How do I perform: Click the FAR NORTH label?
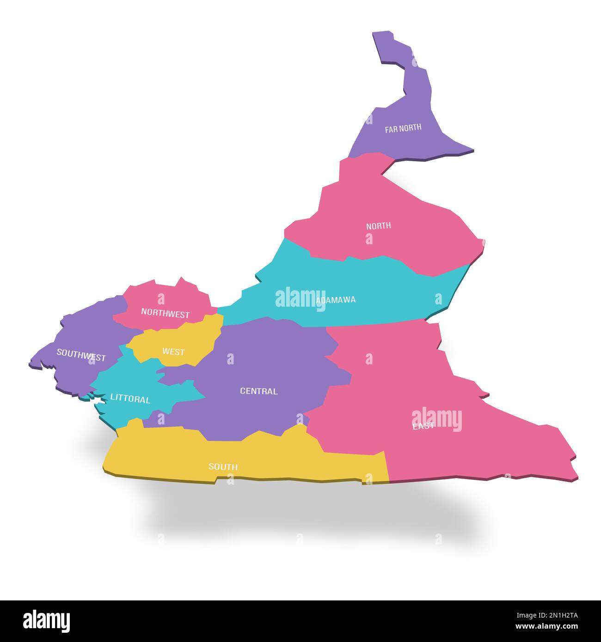tap(403, 128)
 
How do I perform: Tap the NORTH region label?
tap(378, 226)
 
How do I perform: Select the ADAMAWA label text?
tap(336, 300)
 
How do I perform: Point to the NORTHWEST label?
tap(165, 314)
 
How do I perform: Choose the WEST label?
tap(173, 351)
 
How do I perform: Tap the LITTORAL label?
tap(130, 399)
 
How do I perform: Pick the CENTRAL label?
tap(258, 391)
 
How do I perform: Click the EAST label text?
tap(423, 426)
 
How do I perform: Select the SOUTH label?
tap(223, 466)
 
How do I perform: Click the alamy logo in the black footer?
tap(46, 620)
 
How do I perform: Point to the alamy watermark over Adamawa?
tap(300, 297)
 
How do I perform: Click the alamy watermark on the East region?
tap(436, 419)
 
